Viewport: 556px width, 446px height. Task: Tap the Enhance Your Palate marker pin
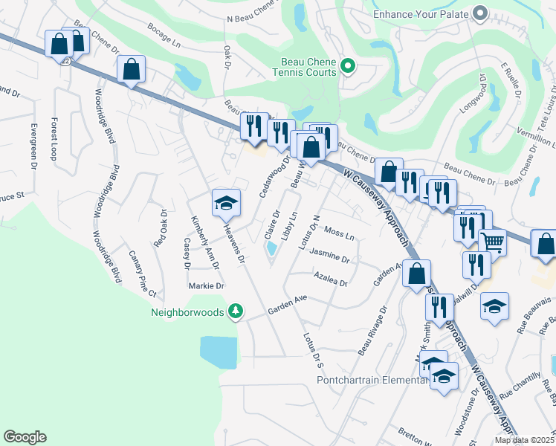coord(479,13)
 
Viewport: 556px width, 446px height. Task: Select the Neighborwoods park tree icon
coord(235,311)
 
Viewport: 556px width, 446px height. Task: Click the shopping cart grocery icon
coord(492,241)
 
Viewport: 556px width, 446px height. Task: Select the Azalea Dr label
coord(331,281)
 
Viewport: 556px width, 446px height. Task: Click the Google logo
coord(25,437)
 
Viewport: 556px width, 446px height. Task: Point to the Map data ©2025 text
coord(524,440)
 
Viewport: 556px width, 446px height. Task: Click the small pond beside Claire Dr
coord(271,253)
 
